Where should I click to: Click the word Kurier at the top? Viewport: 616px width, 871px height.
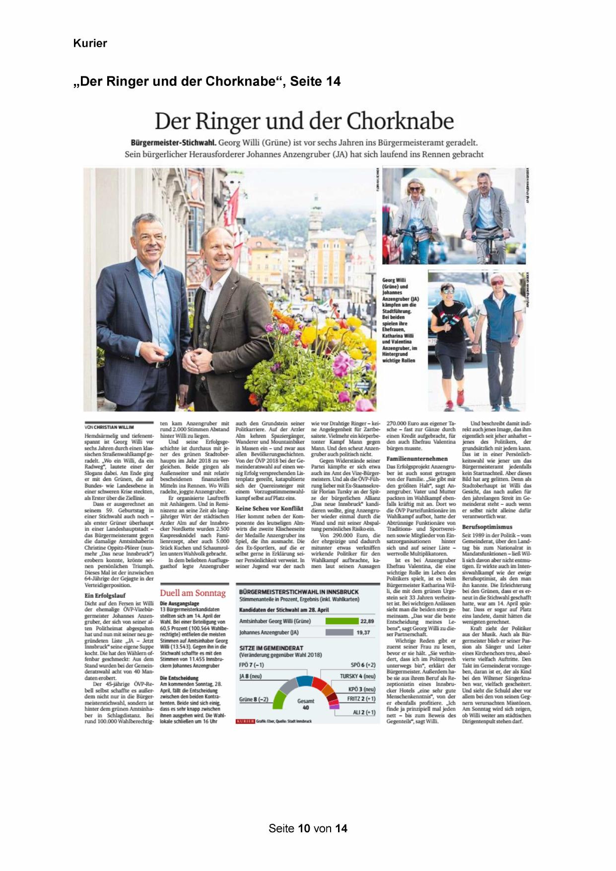(90, 43)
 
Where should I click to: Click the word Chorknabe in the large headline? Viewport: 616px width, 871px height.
(400, 121)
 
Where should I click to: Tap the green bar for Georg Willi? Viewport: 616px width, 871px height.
(342, 621)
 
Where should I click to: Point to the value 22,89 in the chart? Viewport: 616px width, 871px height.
(367, 621)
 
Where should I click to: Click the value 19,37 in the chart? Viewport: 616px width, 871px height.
(363, 633)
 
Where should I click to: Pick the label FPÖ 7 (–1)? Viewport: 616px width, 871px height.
(251, 665)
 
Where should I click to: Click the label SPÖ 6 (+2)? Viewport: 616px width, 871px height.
(363, 665)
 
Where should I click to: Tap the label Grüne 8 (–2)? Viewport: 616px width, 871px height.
(254, 699)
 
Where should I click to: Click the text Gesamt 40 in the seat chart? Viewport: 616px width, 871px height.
(306, 704)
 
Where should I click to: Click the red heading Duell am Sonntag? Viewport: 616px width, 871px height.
(193, 593)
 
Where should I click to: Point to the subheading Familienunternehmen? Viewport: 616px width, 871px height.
(417, 459)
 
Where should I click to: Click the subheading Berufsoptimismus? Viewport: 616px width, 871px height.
(487, 526)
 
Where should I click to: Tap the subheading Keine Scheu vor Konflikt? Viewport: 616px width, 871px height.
(269, 508)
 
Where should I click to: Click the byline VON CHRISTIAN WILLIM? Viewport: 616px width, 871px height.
(109, 427)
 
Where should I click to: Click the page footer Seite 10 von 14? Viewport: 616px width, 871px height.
(308, 828)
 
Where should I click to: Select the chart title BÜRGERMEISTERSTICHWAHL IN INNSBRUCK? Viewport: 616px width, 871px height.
(299, 592)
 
